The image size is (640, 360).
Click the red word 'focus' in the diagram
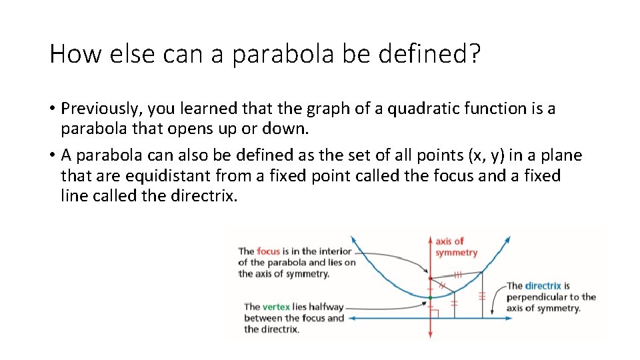(x=268, y=251)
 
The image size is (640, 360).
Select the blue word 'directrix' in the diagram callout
(x=543, y=285)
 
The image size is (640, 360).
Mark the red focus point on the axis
(x=430, y=279)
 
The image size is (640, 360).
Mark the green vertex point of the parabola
(x=430, y=297)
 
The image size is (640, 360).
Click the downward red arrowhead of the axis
(x=430, y=335)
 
